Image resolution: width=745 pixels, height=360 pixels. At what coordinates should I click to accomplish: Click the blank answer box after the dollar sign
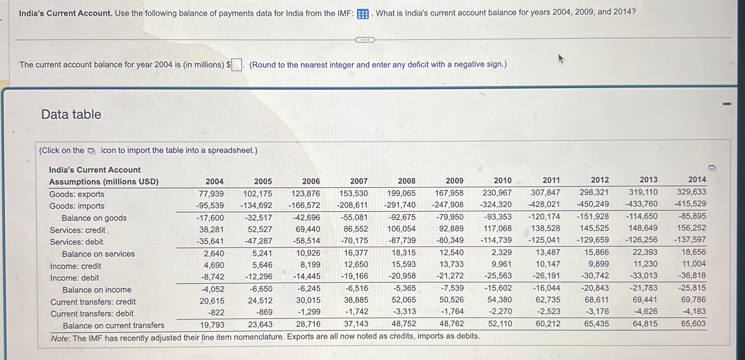pos(237,65)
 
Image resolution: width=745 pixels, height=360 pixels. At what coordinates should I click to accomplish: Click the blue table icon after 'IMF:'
pos(363,14)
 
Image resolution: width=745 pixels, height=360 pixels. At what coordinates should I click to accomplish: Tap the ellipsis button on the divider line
pos(365,40)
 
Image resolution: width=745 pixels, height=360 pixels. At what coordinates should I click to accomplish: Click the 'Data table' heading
pos(71,114)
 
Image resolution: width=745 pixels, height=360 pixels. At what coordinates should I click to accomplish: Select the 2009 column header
pos(454,181)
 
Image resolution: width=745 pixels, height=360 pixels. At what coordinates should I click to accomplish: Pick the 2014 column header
pos(697,180)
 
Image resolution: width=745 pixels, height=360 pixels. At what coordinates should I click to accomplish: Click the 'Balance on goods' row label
pos(94,218)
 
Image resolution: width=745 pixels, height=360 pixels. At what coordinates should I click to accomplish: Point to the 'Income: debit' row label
pos(75,278)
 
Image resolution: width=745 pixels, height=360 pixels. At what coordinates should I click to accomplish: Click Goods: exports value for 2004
pos(211,194)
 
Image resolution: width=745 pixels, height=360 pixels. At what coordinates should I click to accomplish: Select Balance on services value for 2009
pos(452,253)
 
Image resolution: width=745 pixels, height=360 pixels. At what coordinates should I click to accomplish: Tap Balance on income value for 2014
pos(692,288)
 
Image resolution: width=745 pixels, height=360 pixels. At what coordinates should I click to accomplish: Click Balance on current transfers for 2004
pos(212,325)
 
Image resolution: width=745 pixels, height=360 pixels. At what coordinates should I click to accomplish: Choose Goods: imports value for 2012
pos(593,204)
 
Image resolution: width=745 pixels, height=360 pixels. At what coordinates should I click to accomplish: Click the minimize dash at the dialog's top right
pos(727,104)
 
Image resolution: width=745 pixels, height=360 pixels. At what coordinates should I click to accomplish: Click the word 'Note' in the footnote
pos(60,338)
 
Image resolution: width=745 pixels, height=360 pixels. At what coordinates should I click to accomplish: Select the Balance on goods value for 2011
pos(544,216)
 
